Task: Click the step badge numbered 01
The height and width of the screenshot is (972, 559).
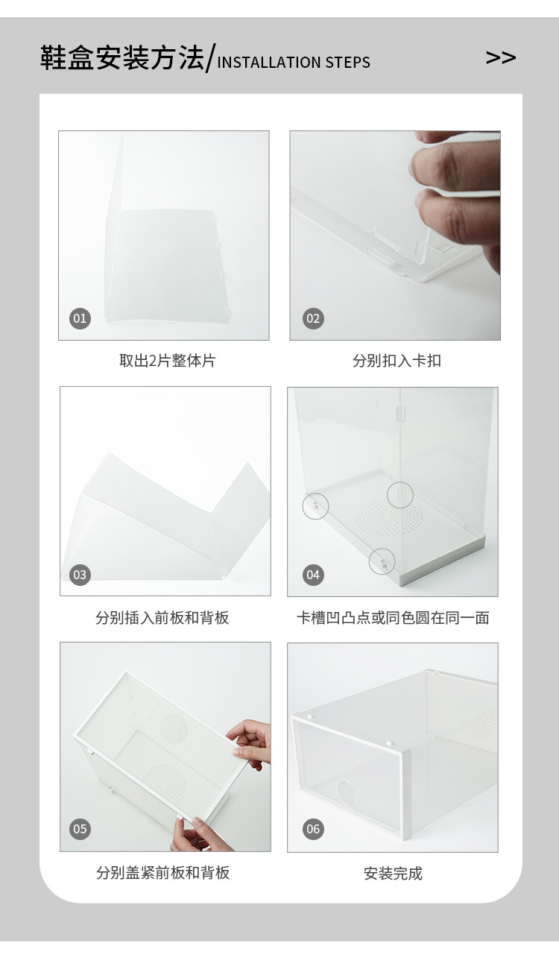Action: [x=80, y=319]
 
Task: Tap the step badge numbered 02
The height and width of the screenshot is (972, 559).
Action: [x=313, y=319]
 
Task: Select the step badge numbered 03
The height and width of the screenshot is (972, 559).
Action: [x=80, y=575]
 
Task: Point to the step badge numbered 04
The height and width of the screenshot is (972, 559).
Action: [x=313, y=575]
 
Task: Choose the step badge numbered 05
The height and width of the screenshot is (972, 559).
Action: [x=80, y=829]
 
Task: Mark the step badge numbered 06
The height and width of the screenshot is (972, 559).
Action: [x=313, y=829]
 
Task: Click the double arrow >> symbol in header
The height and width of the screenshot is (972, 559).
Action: [x=501, y=58]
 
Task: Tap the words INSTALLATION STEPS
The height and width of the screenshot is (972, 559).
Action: [x=294, y=63]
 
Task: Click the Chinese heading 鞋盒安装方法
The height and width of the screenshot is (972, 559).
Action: [x=121, y=58]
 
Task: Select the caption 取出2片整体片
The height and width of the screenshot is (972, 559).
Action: [x=168, y=361]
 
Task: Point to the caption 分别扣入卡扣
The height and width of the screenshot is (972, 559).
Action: [x=397, y=361]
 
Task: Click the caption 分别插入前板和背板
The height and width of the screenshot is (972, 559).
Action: [x=162, y=618]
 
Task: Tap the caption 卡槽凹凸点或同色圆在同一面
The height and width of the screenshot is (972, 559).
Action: [x=393, y=618]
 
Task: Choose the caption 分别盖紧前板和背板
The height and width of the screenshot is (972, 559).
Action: [x=162, y=873]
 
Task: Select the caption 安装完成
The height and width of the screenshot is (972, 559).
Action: [x=393, y=874]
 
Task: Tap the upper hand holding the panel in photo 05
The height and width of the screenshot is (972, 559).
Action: [x=251, y=742]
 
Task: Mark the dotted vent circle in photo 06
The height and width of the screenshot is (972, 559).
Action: [x=475, y=714]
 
